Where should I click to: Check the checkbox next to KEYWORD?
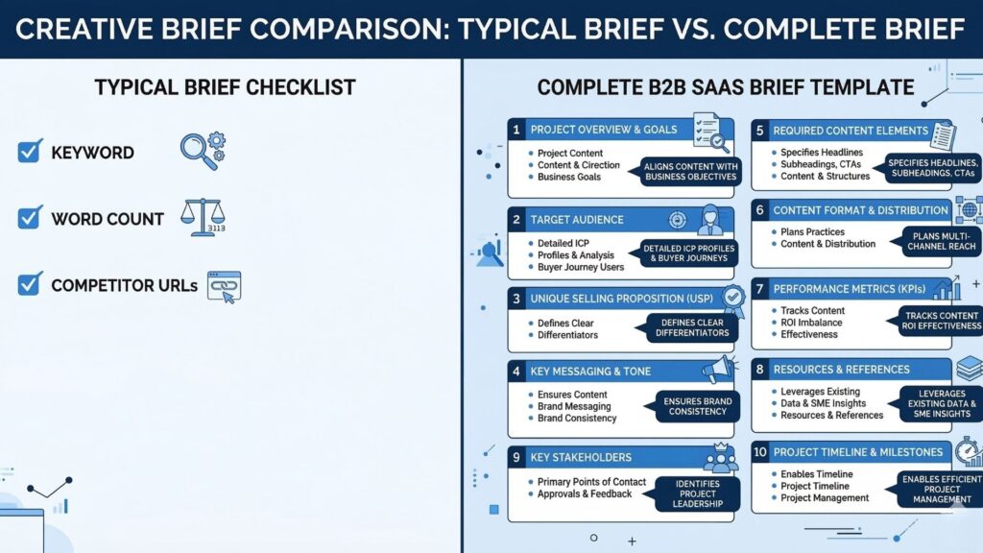pyautogui.click(x=30, y=151)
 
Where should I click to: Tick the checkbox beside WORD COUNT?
pyautogui.click(x=30, y=218)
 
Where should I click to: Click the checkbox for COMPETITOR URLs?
pyautogui.click(x=30, y=284)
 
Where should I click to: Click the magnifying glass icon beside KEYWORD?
pyautogui.click(x=199, y=150)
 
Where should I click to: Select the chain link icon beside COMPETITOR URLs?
pyautogui.click(x=223, y=285)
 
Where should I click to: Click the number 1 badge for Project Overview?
pyautogui.click(x=516, y=130)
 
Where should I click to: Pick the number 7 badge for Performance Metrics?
pyautogui.click(x=759, y=288)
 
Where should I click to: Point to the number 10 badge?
pyautogui.click(x=759, y=452)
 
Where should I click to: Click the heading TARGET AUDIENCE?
pyautogui.click(x=577, y=220)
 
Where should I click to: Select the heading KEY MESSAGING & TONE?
pyautogui.click(x=590, y=371)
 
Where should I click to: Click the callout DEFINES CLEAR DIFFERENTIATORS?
pyautogui.click(x=690, y=328)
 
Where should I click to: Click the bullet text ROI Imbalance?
pyautogui.click(x=811, y=323)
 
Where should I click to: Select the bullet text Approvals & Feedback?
pyautogui.click(x=585, y=493)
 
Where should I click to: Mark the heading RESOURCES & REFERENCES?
pyautogui.click(x=841, y=370)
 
